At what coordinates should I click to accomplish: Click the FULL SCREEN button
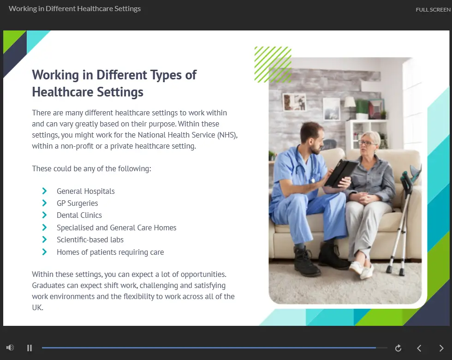click(x=433, y=10)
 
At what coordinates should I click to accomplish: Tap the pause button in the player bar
click(x=30, y=348)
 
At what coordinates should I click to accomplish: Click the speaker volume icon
click(x=10, y=348)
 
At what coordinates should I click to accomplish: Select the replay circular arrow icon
click(x=398, y=348)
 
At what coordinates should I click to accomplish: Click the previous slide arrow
click(x=419, y=348)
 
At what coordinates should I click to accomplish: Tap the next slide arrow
click(x=441, y=348)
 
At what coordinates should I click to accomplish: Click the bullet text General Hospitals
click(x=86, y=191)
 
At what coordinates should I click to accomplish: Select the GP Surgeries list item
click(x=77, y=204)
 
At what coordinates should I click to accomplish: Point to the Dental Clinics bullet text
click(x=79, y=215)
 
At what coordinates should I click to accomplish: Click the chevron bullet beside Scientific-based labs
click(x=44, y=240)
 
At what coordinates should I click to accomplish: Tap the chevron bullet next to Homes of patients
click(x=44, y=252)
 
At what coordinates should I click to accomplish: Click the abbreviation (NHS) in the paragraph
click(x=227, y=135)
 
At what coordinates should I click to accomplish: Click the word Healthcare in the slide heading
click(x=63, y=92)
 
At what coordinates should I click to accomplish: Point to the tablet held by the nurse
click(x=341, y=173)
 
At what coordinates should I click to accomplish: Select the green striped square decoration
click(x=273, y=65)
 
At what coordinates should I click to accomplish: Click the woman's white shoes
click(x=362, y=270)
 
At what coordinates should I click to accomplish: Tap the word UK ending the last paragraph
click(x=37, y=308)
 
